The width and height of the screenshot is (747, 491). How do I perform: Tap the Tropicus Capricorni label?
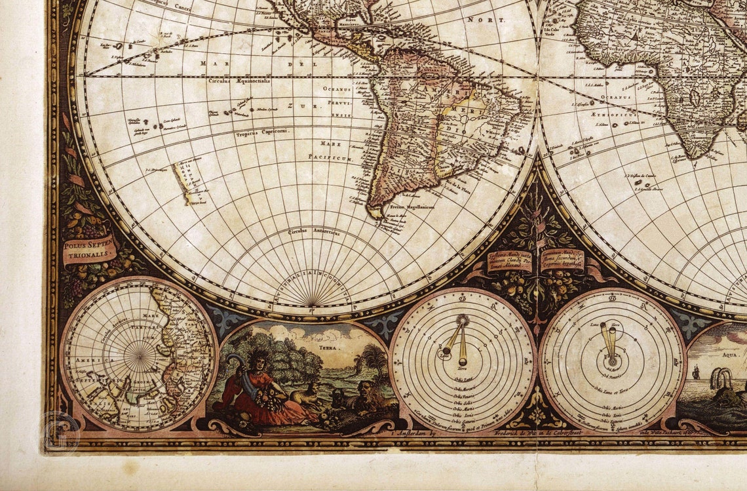261,130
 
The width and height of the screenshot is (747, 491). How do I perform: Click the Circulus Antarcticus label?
313,231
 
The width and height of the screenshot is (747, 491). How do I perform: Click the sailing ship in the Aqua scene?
695,373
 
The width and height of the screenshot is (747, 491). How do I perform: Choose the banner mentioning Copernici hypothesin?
562,259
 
